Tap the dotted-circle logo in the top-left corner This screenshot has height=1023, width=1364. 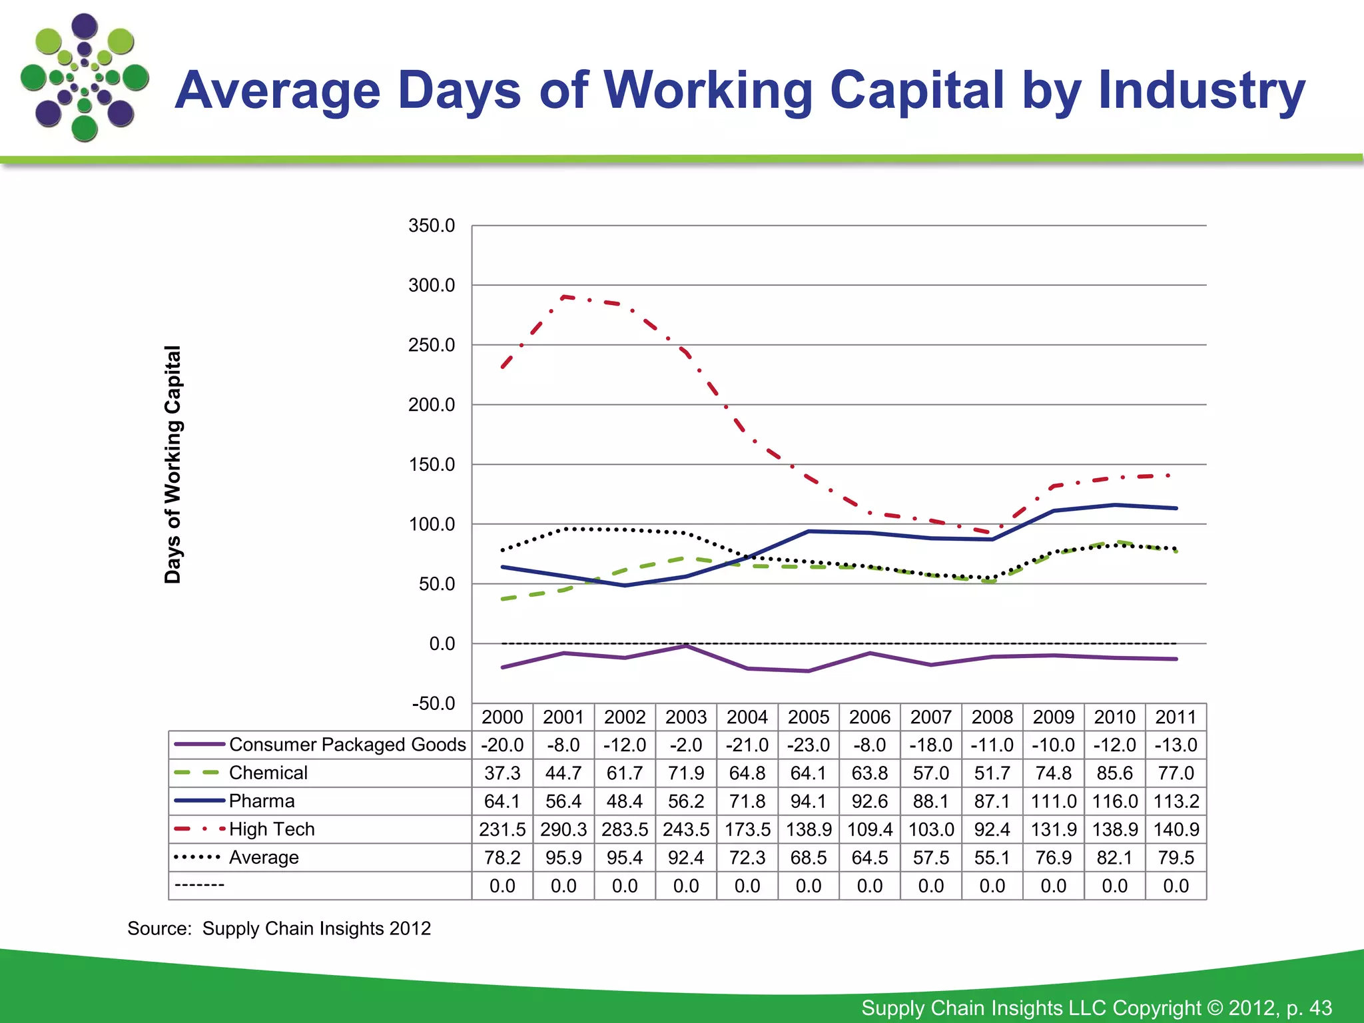point(85,78)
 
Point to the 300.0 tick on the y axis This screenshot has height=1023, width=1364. point(432,286)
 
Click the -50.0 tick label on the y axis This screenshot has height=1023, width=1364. point(433,703)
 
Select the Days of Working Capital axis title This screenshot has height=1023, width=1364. point(172,464)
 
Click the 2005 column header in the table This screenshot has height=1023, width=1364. point(808,717)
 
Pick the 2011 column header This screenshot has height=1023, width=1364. point(1176,717)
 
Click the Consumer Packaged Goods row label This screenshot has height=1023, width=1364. point(347,745)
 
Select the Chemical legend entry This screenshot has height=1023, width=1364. point(268,773)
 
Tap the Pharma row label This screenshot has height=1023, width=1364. point(261,801)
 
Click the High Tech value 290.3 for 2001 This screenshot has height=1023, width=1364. point(563,830)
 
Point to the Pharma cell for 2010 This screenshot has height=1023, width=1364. point(1114,801)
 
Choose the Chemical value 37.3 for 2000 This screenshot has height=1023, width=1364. point(502,773)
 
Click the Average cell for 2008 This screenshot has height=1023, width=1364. point(992,858)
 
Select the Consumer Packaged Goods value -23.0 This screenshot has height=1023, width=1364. point(808,745)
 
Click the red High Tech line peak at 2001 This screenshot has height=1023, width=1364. point(564,296)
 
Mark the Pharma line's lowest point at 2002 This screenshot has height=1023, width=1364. point(625,585)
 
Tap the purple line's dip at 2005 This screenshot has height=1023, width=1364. point(808,671)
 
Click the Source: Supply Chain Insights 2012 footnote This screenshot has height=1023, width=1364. point(279,928)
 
